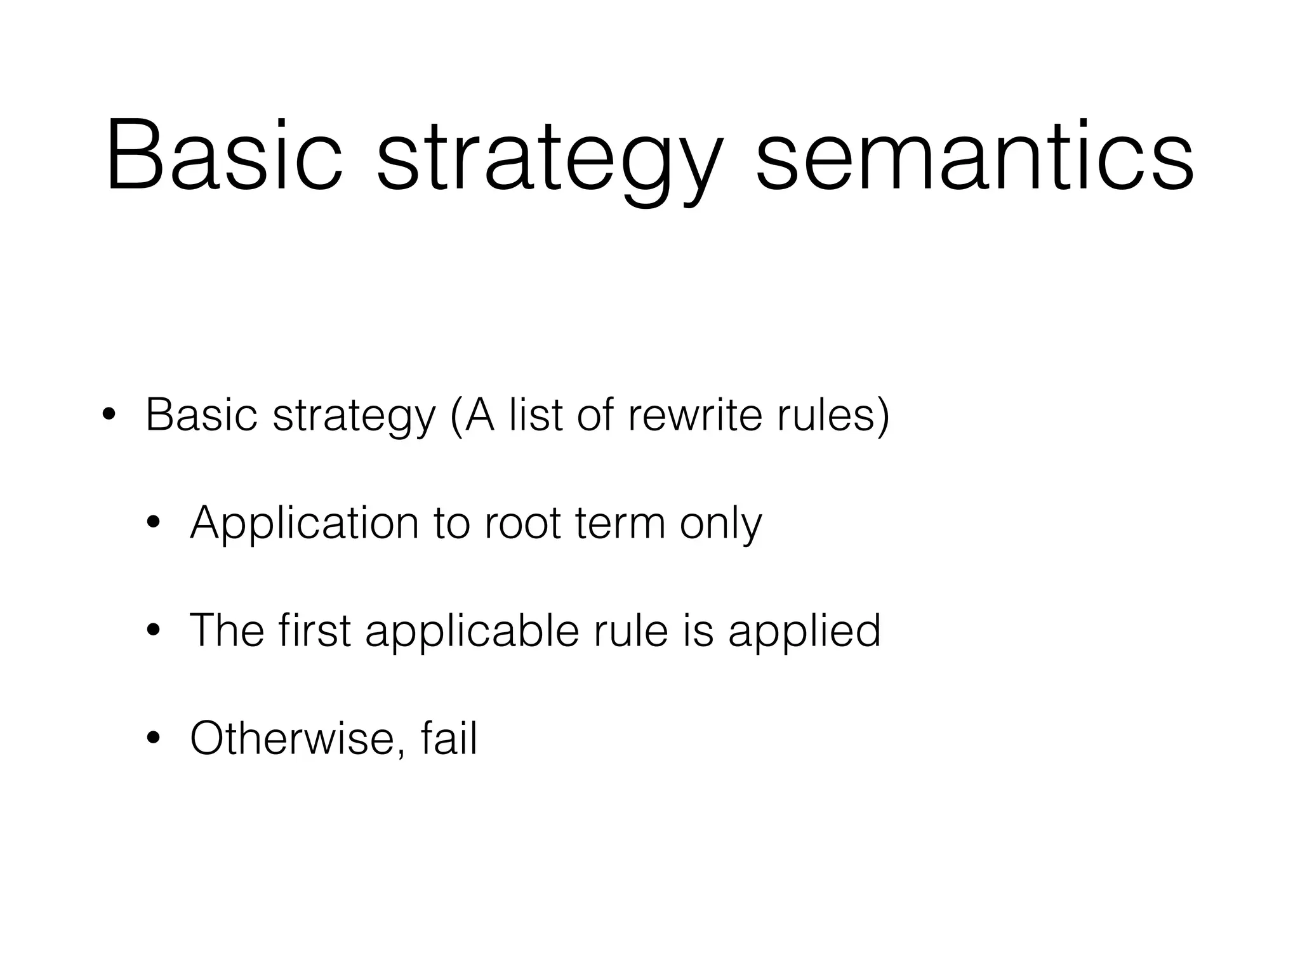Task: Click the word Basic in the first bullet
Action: (x=201, y=415)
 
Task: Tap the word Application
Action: (x=304, y=524)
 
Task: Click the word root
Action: (x=522, y=524)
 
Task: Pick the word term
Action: (x=620, y=524)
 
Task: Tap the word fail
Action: (x=448, y=738)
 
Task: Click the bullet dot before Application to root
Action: (x=153, y=524)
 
